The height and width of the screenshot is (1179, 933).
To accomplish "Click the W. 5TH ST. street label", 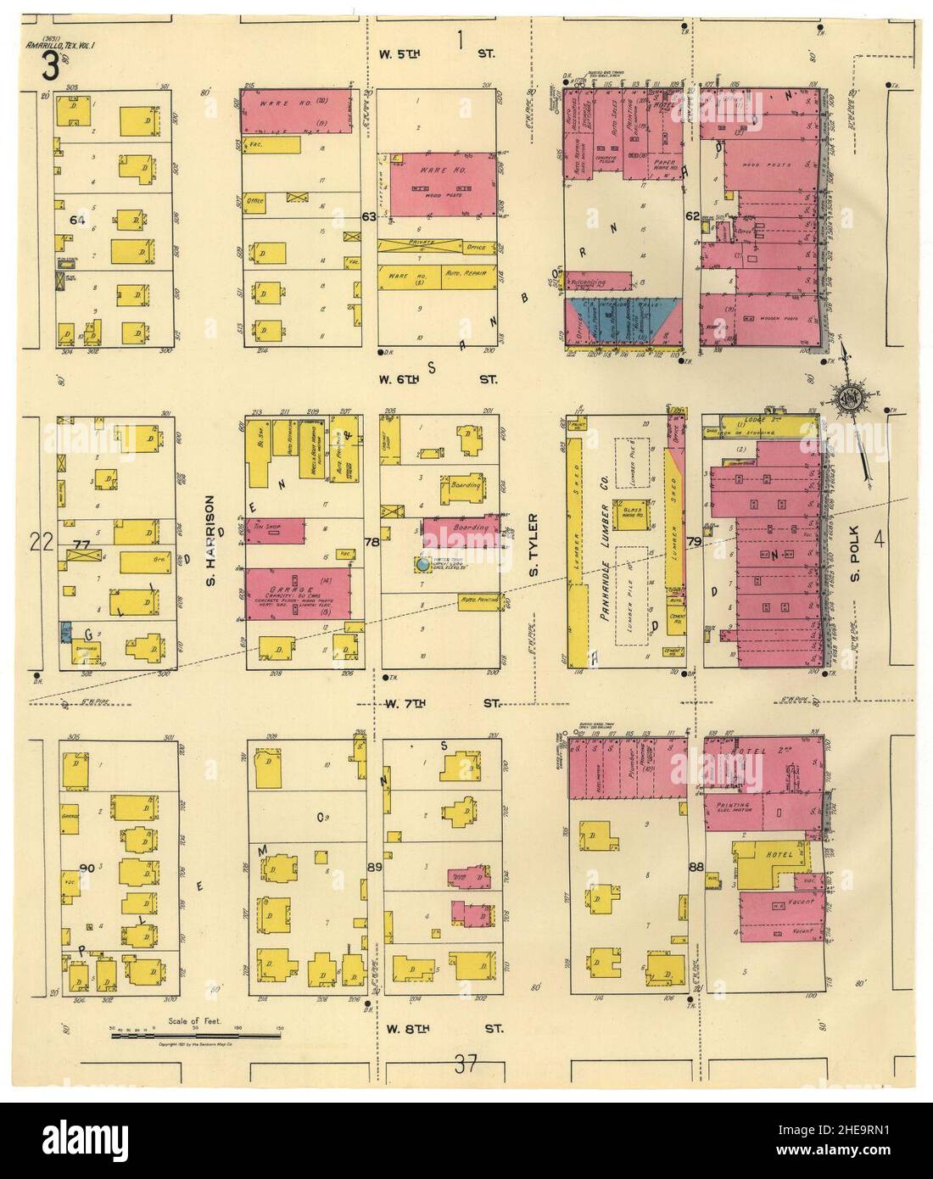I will click(436, 53).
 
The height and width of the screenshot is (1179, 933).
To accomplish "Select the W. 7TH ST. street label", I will click(438, 703).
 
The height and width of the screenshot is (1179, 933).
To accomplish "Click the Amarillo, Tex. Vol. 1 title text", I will click(50, 44).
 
